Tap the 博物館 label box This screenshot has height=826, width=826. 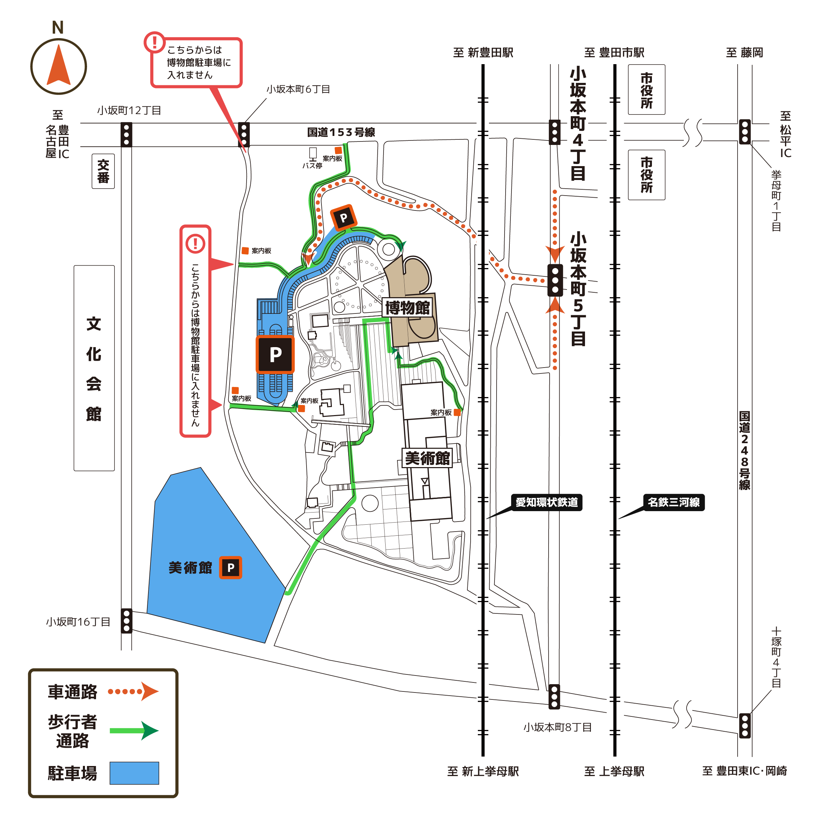click(x=407, y=307)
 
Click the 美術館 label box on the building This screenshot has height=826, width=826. click(x=427, y=458)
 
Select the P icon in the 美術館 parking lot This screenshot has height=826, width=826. click(x=231, y=568)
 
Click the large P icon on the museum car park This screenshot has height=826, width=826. click(x=275, y=354)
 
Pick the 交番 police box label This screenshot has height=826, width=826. click(x=103, y=171)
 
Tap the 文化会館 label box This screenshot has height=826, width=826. click(x=94, y=368)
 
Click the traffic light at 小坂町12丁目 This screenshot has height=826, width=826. click(x=126, y=135)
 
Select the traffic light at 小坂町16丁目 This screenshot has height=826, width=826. click(x=127, y=621)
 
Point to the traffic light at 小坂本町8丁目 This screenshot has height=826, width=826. click(x=554, y=697)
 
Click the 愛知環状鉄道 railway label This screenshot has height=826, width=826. click(x=547, y=502)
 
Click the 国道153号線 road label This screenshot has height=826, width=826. click(x=341, y=132)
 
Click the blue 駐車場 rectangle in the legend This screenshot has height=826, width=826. click(x=134, y=773)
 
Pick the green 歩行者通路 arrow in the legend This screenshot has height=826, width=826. click(x=134, y=731)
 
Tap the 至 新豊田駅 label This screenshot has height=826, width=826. click(x=483, y=53)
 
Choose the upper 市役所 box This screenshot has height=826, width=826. click(x=646, y=90)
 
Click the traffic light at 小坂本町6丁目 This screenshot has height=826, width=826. click(x=244, y=135)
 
